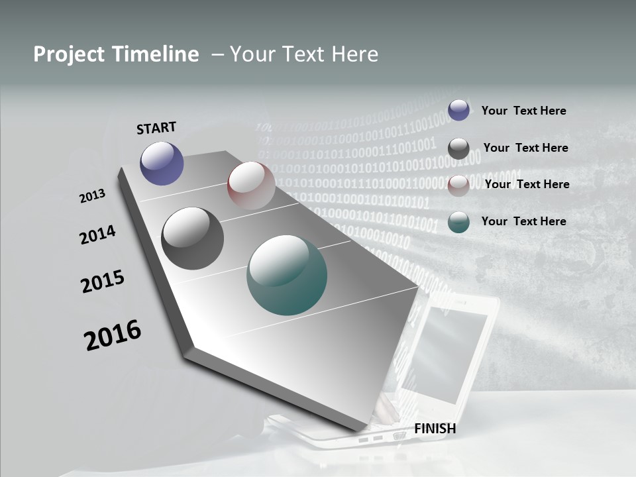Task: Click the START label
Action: click(x=156, y=128)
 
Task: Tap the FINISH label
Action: click(x=435, y=429)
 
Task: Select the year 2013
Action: click(x=92, y=196)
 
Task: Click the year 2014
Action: click(x=97, y=235)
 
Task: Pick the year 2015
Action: click(x=103, y=282)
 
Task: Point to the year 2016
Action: click(x=113, y=335)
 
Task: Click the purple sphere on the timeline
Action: click(x=162, y=163)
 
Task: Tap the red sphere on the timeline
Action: click(x=251, y=185)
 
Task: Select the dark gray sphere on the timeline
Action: click(x=192, y=238)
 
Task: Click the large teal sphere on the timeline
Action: click(x=287, y=275)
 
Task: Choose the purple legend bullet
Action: click(x=458, y=110)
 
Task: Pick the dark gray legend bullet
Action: click(x=458, y=148)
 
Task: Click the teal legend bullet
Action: click(x=458, y=222)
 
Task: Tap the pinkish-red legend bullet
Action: click(x=458, y=185)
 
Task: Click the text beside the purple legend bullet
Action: click(x=523, y=111)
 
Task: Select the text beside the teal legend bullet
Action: click(x=523, y=221)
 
